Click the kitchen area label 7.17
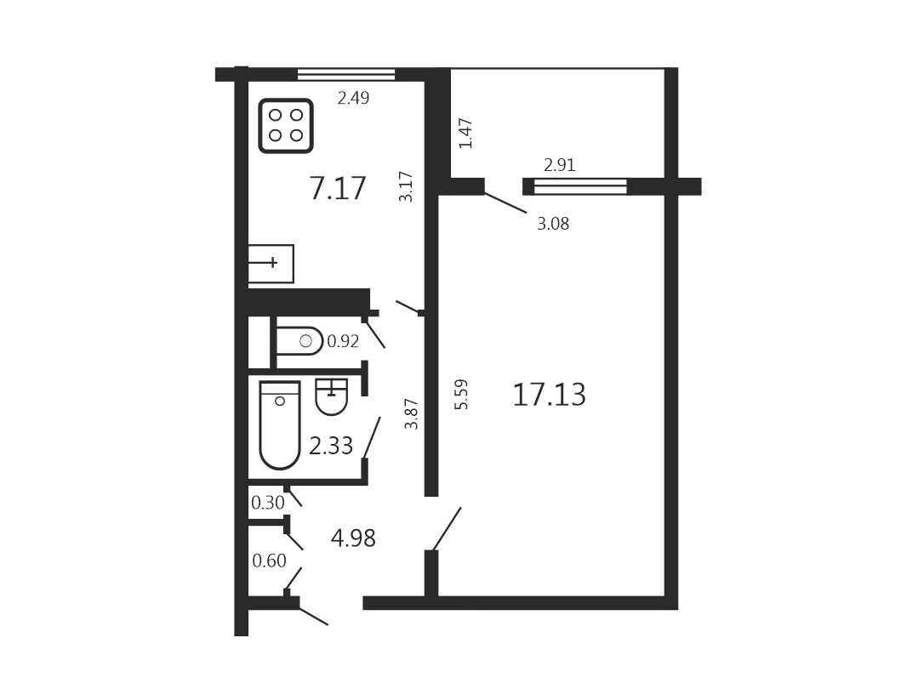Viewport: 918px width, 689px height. pos(338,189)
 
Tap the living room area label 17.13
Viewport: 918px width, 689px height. pos(549,395)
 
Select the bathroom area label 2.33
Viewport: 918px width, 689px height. pos(331,446)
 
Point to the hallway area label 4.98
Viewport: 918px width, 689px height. pos(353,538)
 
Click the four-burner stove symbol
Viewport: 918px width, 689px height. pos(286,126)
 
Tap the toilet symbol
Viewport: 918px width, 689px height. pos(299,341)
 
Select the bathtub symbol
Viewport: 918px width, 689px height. pos(280,425)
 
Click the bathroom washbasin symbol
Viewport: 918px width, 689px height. pos(332,396)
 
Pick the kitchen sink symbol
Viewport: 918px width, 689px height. pos(271,264)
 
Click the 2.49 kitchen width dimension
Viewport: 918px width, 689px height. pos(354,98)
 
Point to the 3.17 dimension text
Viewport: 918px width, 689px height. pos(406,187)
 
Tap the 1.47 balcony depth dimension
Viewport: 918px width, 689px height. pos(465,134)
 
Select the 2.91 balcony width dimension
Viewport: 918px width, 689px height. pos(560,165)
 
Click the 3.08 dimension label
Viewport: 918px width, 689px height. pos(553,224)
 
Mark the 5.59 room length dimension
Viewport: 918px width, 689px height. pos(461,394)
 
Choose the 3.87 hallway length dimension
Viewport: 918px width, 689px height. pos(412,414)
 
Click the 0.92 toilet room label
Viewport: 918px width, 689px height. pos(343,341)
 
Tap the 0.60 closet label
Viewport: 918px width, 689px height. pos(270,561)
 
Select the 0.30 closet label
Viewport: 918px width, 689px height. pos(267,502)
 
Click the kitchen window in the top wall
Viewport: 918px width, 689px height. pos(346,74)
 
